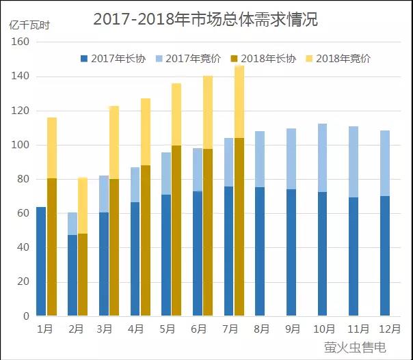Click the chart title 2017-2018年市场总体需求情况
pyautogui.click(x=205, y=18)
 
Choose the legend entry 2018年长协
pyautogui.click(x=263, y=59)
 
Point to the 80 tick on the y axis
pyautogui.click(x=23, y=179)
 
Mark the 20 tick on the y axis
pyautogui.click(x=23, y=282)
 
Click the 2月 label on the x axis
pyautogui.click(x=76, y=329)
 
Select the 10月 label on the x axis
pyautogui.click(x=322, y=329)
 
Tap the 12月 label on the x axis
pyautogui.click(x=384, y=329)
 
